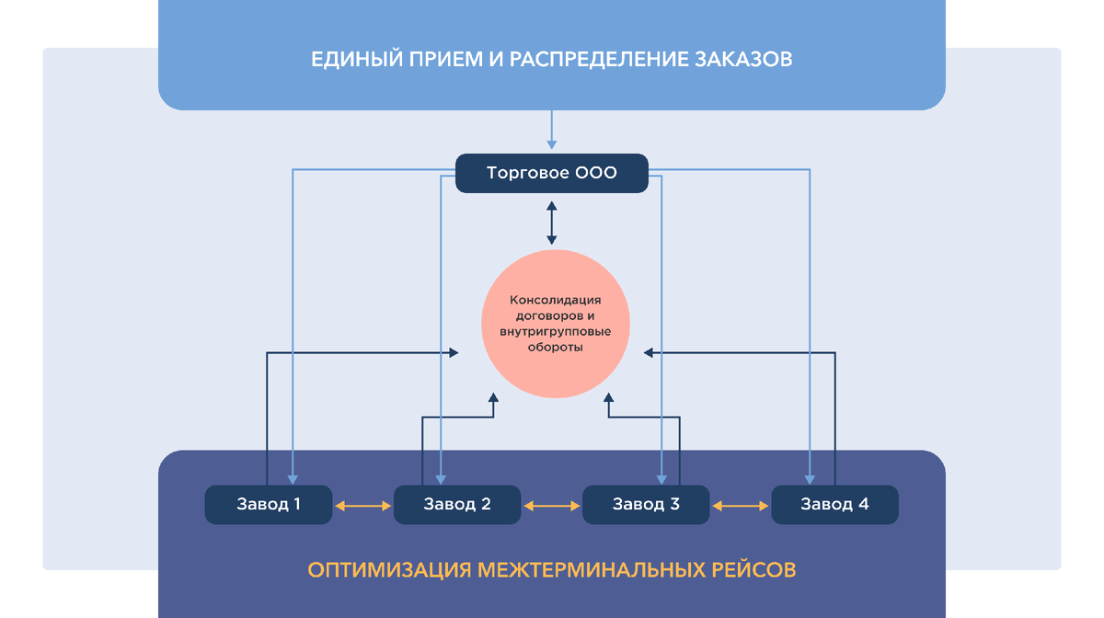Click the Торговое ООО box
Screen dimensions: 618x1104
[x=552, y=173]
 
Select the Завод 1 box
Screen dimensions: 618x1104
[x=268, y=504]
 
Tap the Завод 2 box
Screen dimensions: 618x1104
[x=457, y=504]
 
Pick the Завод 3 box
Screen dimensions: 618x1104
[x=646, y=504]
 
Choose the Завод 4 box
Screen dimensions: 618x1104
[x=834, y=504]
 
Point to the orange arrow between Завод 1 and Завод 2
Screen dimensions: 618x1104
[x=362, y=505]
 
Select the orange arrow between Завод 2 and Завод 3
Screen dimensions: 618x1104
[x=551, y=505]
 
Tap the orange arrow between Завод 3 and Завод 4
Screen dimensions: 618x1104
[x=741, y=505]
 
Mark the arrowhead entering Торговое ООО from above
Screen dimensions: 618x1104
[x=552, y=143]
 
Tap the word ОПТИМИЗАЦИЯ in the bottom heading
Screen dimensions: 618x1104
[x=390, y=570]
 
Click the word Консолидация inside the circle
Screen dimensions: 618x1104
[x=555, y=300]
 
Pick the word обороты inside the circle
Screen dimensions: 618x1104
[x=555, y=348]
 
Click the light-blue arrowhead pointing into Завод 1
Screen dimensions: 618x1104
[x=292, y=479]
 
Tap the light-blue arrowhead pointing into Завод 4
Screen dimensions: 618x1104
[x=811, y=479]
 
